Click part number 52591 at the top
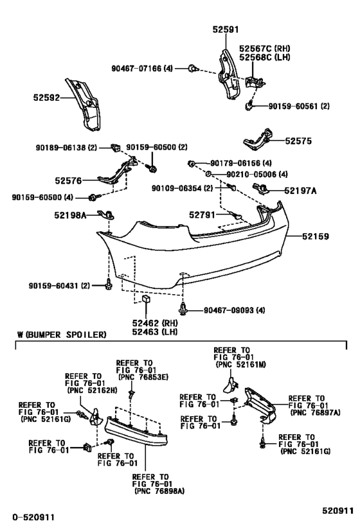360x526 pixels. (226, 29)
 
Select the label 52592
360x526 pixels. (47, 98)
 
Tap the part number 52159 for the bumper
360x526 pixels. (317, 236)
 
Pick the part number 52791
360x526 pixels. (203, 215)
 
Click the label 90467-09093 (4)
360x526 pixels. (233, 311)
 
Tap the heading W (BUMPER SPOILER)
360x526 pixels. (62, 335)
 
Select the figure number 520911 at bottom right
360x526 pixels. (337, 511)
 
